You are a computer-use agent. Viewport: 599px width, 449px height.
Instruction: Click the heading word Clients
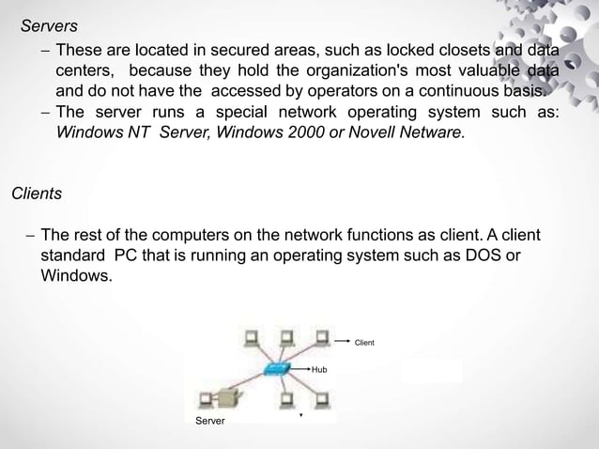36,194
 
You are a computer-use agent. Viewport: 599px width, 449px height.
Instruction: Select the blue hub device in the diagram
279,369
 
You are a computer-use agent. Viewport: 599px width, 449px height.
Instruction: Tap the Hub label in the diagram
319,370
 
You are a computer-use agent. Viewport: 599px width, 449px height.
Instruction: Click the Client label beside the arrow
363,342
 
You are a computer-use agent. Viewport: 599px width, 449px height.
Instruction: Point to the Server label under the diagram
209,421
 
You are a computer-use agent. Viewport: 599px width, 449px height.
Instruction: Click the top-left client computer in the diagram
251,337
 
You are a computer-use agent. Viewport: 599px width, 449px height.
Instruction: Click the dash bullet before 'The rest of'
29,235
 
